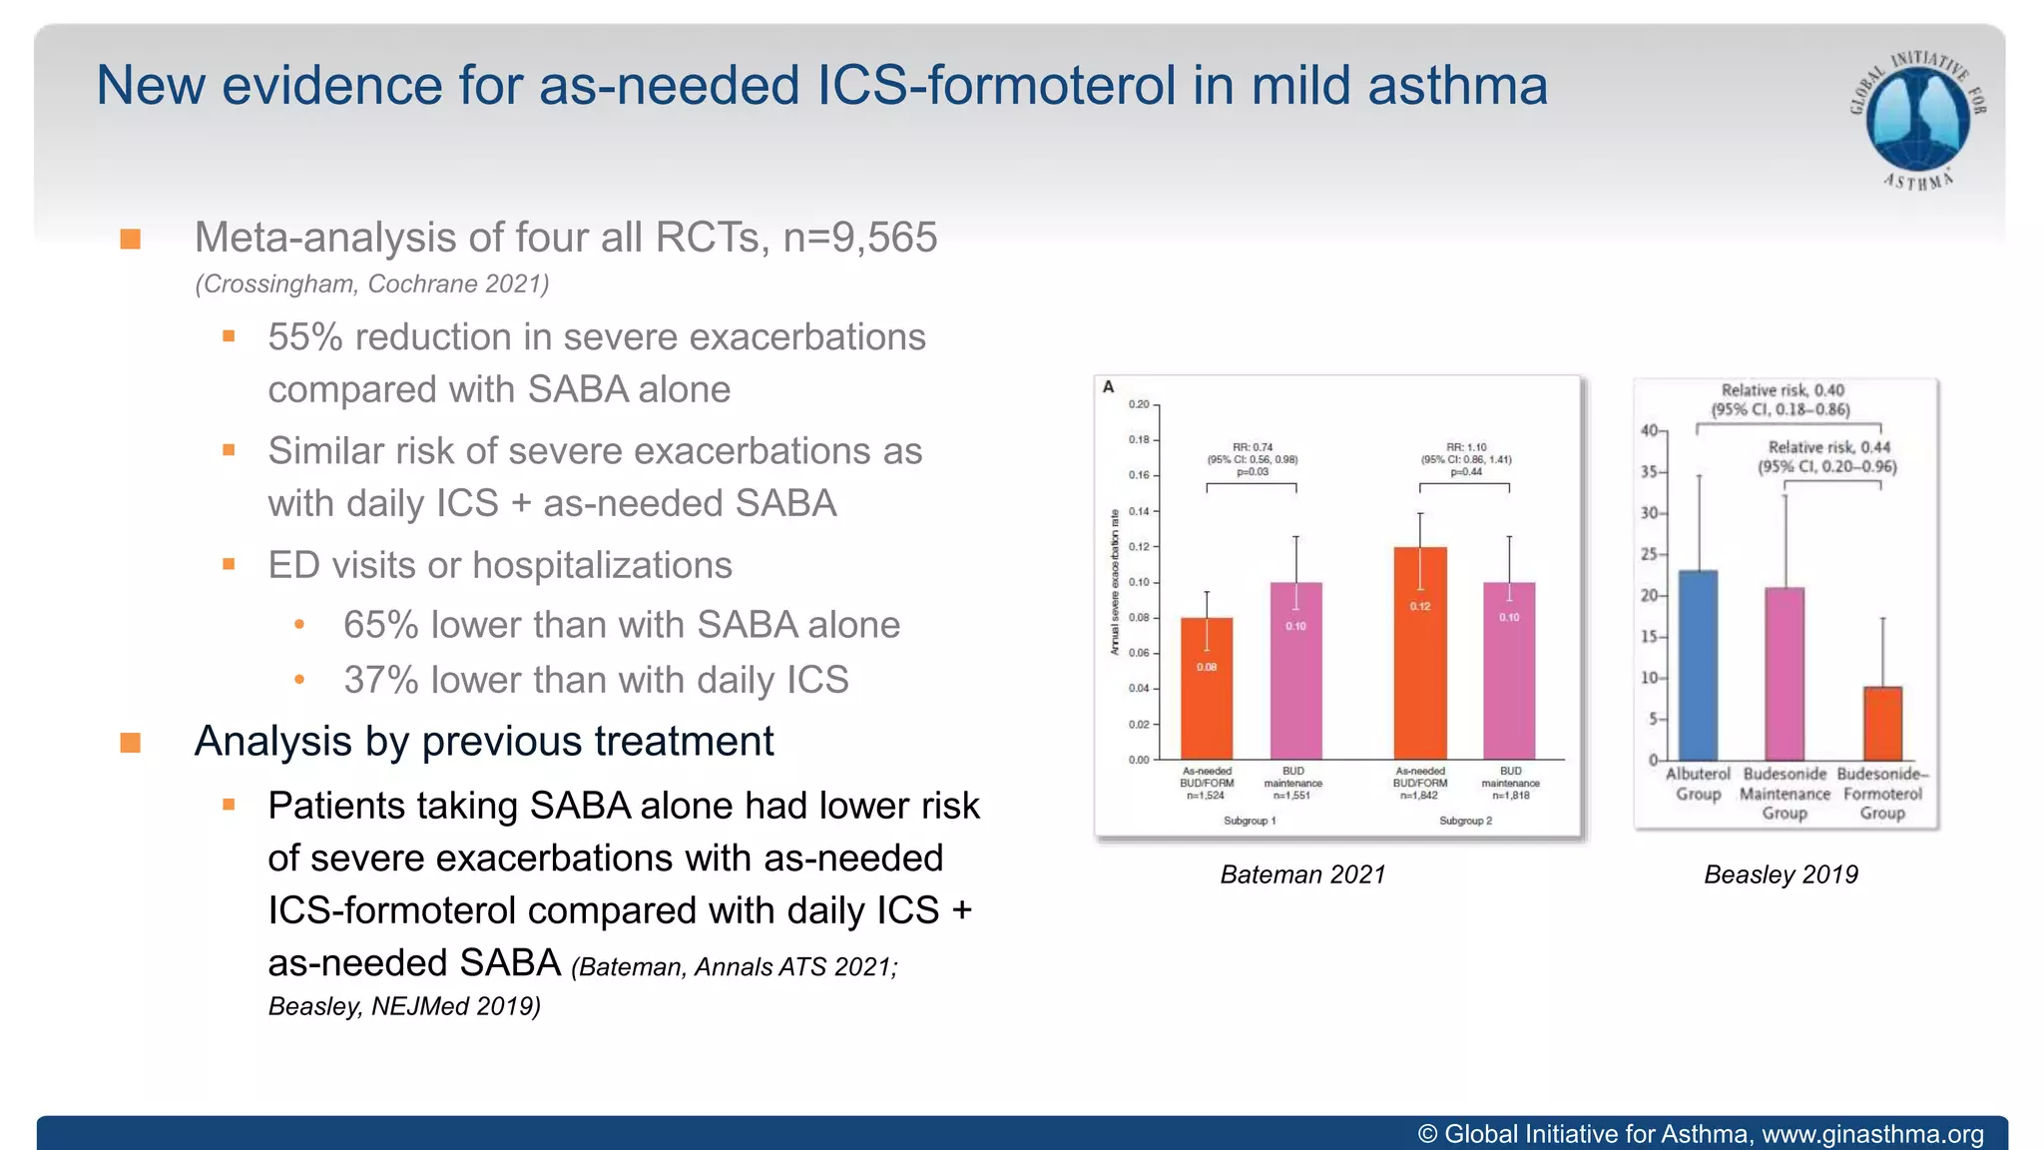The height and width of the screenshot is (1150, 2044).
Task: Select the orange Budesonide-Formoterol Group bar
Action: click(1882, 724)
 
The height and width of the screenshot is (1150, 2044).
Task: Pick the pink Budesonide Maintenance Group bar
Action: click(1785, 674)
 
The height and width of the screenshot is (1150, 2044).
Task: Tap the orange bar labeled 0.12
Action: click(1420, 654)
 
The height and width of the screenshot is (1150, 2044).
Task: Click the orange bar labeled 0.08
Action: click(1207, 689)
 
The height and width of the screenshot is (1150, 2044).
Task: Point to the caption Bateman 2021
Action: click(1302, 874)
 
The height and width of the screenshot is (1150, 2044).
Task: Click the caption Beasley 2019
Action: click(1781, 874)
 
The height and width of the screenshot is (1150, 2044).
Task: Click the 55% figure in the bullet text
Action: click(305, 337)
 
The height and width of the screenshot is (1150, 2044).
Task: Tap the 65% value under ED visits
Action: click(380, 625)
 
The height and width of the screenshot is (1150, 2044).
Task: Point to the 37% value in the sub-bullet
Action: click(380, 680)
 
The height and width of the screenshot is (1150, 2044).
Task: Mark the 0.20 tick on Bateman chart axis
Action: click(1139, 404)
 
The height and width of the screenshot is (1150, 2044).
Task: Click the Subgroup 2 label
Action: click(1465, 821)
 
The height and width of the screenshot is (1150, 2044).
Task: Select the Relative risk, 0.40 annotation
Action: click(1783, 390)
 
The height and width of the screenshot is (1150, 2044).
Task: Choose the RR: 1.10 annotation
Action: click(1466, 447)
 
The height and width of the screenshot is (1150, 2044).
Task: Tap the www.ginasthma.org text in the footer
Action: click(1872, 1134)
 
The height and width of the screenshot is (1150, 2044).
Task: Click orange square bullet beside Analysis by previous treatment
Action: click(130, 743)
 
